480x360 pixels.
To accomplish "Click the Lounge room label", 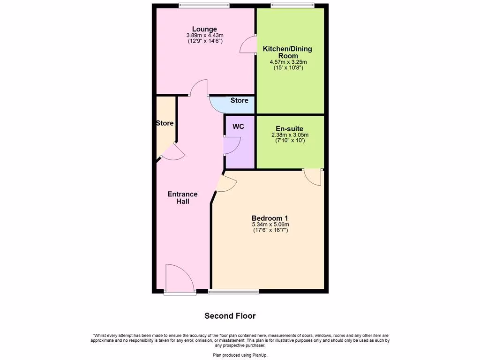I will (204, 29).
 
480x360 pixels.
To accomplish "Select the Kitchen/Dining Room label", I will (287, 52).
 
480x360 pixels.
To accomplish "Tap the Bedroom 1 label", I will (270, 218).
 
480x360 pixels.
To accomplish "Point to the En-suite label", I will (289, 128).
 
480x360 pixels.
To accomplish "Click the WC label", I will (238, 127).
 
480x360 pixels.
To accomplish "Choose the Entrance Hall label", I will (182, 197).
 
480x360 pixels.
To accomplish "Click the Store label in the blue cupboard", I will (239, 100).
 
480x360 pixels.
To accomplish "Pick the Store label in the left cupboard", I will (165, 123).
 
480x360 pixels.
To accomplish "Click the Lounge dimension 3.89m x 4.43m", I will (204, 35).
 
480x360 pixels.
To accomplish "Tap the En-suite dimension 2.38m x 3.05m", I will (289, 135).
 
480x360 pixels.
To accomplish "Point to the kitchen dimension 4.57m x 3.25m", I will (288, 62).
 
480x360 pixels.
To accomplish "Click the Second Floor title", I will (230, 316).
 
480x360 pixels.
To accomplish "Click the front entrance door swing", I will (180, 279).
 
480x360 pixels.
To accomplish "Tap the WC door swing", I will (232, 145).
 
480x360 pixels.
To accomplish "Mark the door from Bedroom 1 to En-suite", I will (313, 177).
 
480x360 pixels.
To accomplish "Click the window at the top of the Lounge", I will (204, 6).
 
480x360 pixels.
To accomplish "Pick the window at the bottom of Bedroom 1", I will (233, 292).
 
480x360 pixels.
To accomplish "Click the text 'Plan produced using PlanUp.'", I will (240, 355).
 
